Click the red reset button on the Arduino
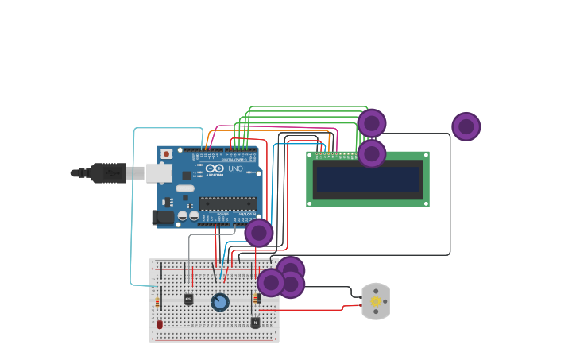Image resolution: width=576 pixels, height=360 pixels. (166, 153)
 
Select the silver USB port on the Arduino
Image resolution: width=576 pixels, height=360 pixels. (159, 172)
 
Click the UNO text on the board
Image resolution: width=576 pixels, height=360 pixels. (235, 168)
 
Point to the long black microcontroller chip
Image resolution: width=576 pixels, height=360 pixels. (227, 203)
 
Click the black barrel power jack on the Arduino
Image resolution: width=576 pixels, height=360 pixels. (162, 216)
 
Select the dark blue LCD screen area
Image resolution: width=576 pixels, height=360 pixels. (368, 180)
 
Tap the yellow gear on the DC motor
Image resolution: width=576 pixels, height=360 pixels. (376, 301)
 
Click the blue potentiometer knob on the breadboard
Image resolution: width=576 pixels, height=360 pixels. (220, 302)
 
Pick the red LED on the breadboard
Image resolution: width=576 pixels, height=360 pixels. (160, 324)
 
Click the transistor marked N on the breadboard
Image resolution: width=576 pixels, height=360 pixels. (255, 323)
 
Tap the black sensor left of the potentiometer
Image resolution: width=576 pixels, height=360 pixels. (188, 300)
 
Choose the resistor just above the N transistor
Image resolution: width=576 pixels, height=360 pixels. (257, 299)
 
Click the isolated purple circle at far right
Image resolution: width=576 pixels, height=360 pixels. (466, 126)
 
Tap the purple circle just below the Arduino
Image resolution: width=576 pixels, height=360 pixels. (259, 233)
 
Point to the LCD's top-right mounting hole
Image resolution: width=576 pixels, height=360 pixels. (425, 156)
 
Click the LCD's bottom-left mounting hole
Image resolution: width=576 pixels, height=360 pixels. (311, 203)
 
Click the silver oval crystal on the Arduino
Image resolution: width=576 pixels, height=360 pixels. (185, 189)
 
